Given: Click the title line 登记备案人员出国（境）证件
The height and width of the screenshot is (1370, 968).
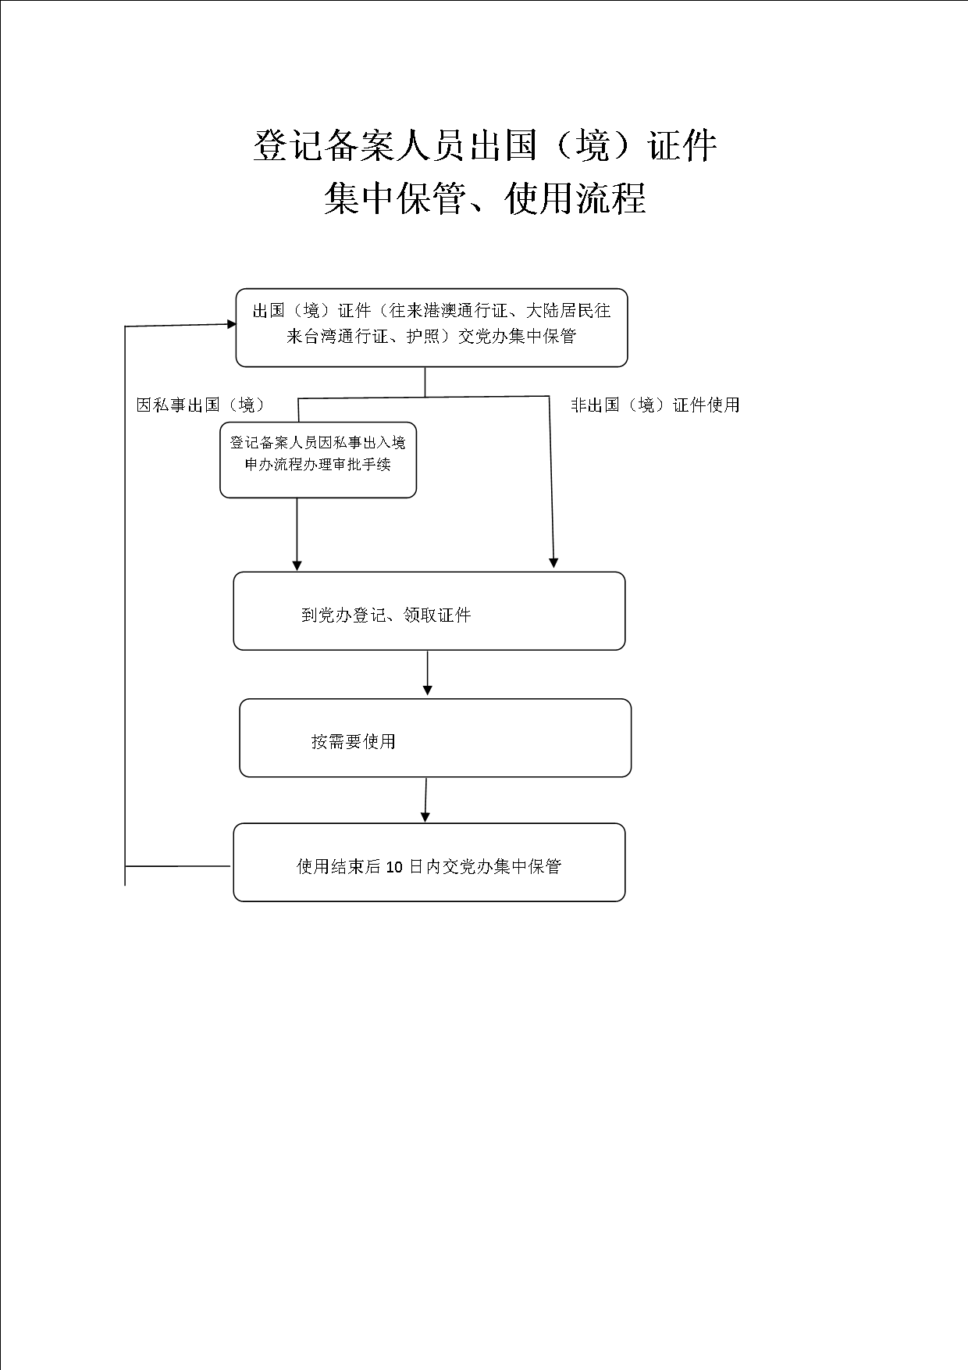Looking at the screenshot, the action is [x=485, y=146].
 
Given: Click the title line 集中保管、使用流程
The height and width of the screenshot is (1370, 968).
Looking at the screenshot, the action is [x=485, y=198].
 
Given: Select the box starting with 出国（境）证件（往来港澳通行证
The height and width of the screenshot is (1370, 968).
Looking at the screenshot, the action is [x=432, y=327].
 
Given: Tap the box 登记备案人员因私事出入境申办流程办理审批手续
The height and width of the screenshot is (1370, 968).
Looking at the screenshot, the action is [x=318, y=460].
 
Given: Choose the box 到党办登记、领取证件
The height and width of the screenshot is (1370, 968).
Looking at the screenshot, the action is [x=429, y=611].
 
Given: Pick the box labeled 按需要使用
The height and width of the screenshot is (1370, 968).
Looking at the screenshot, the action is [x=435, y=738].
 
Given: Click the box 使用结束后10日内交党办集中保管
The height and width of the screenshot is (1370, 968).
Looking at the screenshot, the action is [x=429, y=862].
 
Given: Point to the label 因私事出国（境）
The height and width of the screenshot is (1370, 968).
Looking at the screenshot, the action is [x=201, y=405].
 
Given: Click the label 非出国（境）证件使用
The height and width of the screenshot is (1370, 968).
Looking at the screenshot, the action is [x=655, y=405].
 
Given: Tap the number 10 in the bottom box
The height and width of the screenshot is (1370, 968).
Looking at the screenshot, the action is [x=394, y=866].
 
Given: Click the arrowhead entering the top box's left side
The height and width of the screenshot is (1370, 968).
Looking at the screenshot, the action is [x=231, y=323].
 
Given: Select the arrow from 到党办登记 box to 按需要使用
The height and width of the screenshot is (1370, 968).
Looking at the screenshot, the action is [x=427, y=673].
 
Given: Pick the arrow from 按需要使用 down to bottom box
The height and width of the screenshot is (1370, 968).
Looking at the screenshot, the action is [x=425, y=800].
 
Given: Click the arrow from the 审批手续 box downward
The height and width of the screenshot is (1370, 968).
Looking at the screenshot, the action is [x=297, y=534].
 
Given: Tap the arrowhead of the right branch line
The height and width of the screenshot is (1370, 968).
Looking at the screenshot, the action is [x=553, y=562].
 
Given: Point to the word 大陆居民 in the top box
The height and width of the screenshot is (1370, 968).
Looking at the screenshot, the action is [x=561, y=311].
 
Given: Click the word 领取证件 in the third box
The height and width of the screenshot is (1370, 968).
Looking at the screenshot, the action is [x=437, y=615].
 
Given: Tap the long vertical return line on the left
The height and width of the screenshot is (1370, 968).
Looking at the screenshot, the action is [x=125, y=605].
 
